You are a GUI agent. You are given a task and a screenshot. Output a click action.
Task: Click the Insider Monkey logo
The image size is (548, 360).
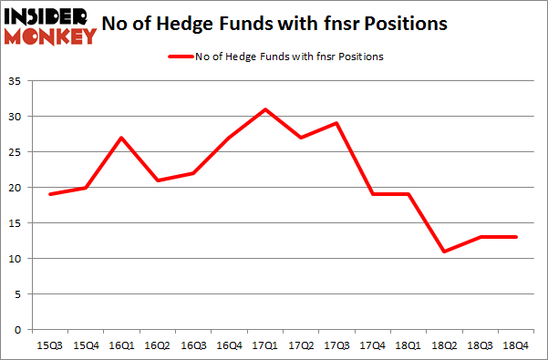pyautogui.click(x=50, y=25)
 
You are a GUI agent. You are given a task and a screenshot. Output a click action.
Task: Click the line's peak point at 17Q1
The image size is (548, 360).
pyautogui.click(x=264, y=109)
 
